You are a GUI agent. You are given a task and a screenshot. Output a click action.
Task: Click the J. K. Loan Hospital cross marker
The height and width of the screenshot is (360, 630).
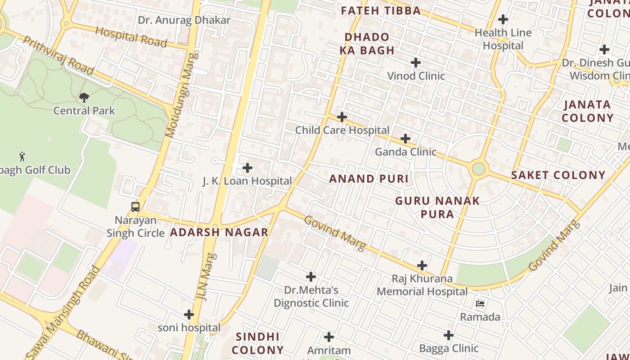(247, 168)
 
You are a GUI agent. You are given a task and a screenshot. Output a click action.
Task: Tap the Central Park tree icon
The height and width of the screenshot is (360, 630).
(84, 97)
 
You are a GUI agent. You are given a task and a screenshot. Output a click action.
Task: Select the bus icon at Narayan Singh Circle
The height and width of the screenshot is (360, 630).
(135, 207)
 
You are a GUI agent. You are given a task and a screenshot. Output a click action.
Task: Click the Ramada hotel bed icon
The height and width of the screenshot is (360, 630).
(480, 304)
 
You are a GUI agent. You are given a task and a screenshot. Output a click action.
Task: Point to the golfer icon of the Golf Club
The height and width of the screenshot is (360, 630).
(22, 157)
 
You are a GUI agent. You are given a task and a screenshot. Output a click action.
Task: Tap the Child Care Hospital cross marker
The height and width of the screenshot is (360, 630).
(342, 117)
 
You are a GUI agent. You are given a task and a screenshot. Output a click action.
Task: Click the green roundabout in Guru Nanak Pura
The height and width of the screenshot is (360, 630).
(479, 169)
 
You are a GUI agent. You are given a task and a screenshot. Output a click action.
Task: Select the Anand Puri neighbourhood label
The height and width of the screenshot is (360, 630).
(369, 179)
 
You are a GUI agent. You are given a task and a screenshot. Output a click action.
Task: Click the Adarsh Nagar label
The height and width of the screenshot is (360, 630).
(219, 232)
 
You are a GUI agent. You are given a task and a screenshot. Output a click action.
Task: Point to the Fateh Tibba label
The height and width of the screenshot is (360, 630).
(381, 11)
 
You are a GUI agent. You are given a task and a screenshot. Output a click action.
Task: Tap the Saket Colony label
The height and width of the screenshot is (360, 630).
(558, 175)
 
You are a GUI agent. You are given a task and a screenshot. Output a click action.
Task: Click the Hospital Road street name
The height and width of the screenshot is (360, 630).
(131, 36)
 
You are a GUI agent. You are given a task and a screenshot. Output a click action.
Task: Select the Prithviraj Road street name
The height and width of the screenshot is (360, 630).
(58, 55)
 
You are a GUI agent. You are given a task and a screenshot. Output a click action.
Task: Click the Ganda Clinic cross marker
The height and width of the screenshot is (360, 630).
(405, 139)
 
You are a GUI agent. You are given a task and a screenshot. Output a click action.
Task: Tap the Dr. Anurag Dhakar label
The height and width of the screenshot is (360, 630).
(184, 20)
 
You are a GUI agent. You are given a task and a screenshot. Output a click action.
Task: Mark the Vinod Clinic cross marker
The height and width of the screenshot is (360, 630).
(416, 63)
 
